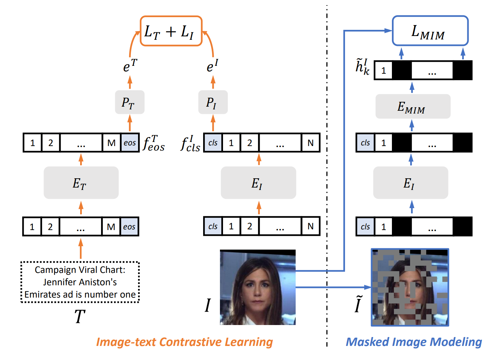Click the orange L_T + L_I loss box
tap(171, 31)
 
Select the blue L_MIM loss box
tap(430, 31)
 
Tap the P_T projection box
tap(129, 102)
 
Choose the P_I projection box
tap(213, 102)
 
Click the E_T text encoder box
tap(81, 183)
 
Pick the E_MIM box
tap(412, 107)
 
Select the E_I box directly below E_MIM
tap(410, 183)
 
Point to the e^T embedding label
tap(130, 65)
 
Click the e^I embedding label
tap(212, 65)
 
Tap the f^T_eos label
tap(154, 143)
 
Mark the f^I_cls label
tap(190, 144)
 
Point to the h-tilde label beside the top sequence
tap(362, 67)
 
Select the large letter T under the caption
tap(80, 316)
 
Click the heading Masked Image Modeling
tap(413, 342)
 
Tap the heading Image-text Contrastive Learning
tap(184, 342)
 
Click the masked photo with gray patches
tap(410, 287)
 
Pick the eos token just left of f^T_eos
tap(130, 143)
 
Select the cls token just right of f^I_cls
tap(213, 143)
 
